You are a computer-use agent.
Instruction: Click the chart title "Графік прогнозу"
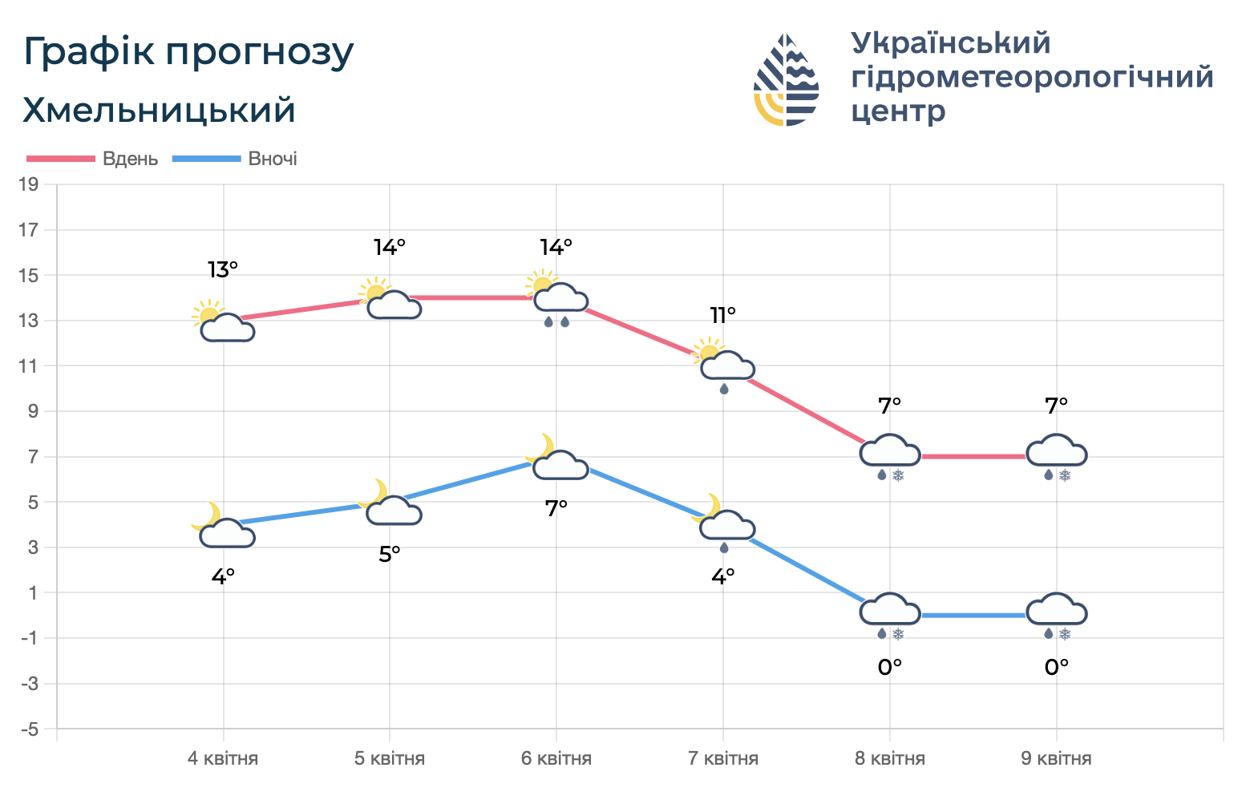click(x=188, y=52)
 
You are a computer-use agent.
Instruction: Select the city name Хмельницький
click(x=159, y=110)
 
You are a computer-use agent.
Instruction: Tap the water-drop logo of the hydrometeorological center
click(x=786, y=80)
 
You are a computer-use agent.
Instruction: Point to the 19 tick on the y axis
click(x=29, y=185)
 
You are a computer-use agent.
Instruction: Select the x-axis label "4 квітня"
click(x=223, y=758)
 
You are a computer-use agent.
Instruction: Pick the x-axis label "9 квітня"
click(x=1056, y=758)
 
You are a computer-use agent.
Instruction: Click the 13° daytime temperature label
click(x=223, y=270)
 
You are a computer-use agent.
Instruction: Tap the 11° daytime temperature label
click(x=722, y=316)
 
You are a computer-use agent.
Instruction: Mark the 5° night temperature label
click(x=390, y=554)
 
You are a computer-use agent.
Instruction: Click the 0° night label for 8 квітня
click(x=889, y=667)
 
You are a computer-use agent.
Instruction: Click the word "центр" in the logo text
click(x=898, y=111)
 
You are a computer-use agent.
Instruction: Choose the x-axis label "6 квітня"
click(x=556, y=758)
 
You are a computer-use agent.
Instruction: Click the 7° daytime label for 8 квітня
click(x=889, y=406)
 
